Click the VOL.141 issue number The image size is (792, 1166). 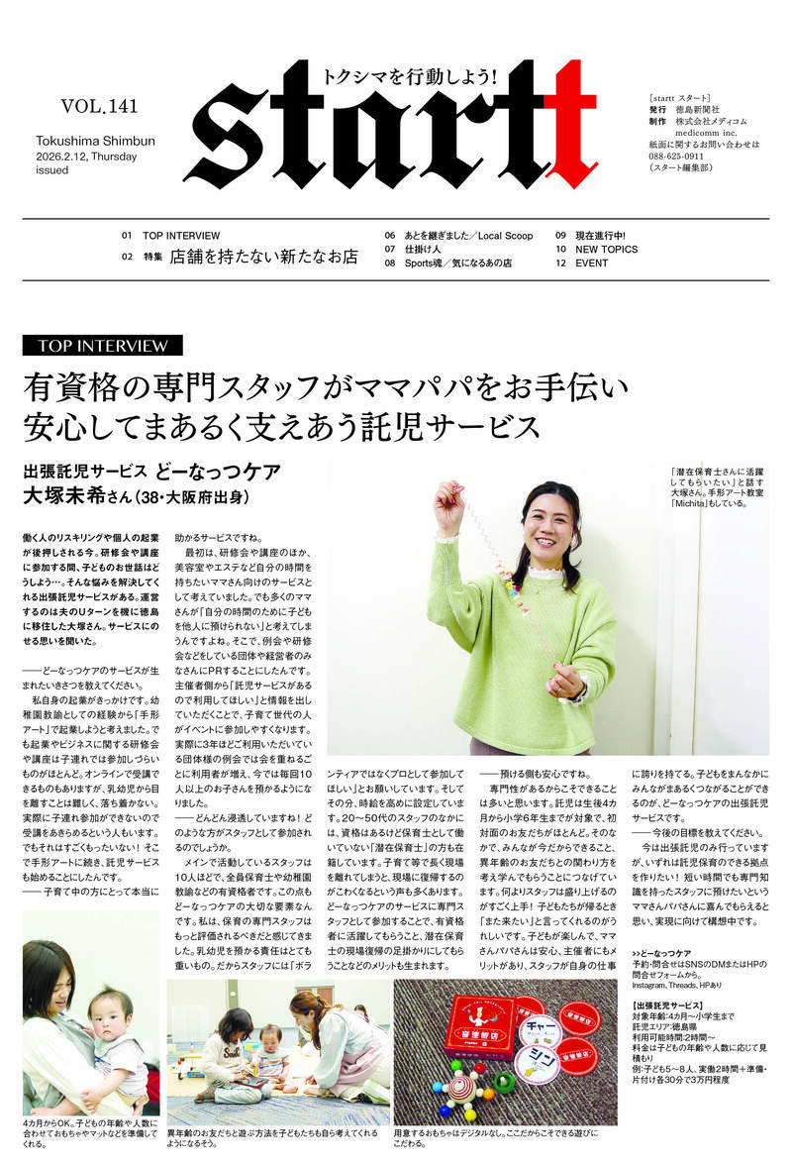point(100,106)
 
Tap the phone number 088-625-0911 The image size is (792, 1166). point(677,156)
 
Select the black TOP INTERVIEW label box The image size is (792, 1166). point(103,345)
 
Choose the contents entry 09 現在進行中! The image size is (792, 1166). point(596,236)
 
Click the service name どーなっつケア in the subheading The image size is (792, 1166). point(220,470)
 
